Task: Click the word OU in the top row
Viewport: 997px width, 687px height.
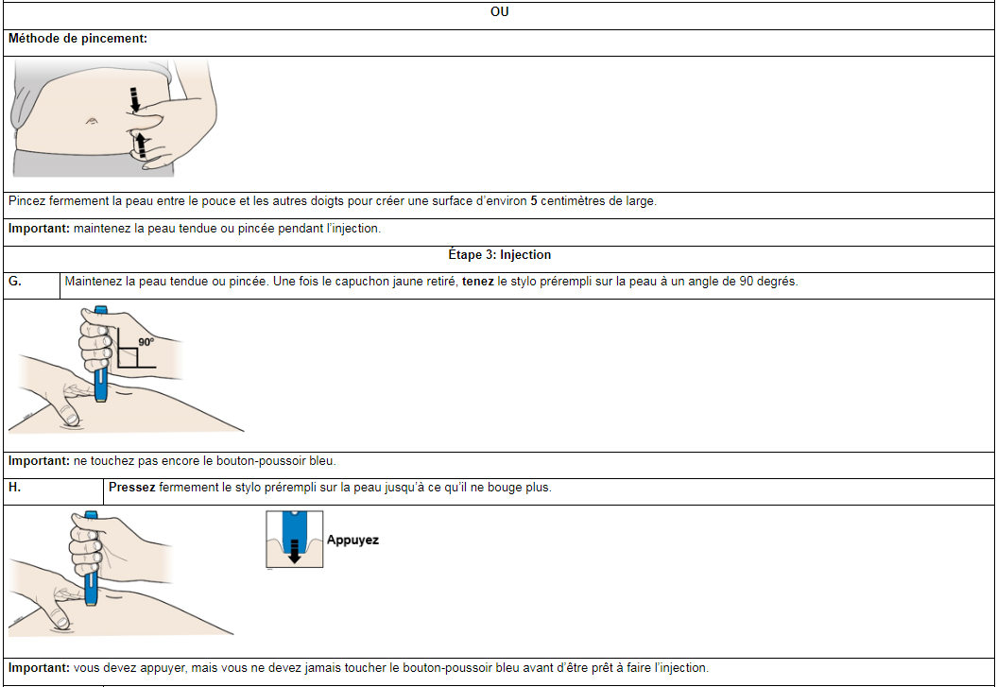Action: point(499,12)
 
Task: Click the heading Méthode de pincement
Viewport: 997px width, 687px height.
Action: point(77,39)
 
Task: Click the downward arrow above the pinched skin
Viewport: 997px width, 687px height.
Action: point(134,99)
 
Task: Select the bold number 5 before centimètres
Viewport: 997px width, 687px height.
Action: point(534,201)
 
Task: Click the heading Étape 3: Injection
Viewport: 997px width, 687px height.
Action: point(499,255)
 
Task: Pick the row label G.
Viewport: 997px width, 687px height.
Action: point(14,282)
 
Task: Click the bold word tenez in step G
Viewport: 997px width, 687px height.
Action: point(478,282)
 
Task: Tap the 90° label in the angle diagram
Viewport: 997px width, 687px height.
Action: point(146,342)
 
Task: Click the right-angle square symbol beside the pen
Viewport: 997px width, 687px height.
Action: point(128,357)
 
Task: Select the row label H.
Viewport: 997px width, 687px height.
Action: point(14,488)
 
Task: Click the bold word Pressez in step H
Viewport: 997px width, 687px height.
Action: point(131,488)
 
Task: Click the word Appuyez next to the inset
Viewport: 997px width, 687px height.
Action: point(352,541)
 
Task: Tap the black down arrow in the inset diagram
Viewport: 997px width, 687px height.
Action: point(294,551)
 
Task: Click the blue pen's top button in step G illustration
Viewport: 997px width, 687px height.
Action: point(100,310)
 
